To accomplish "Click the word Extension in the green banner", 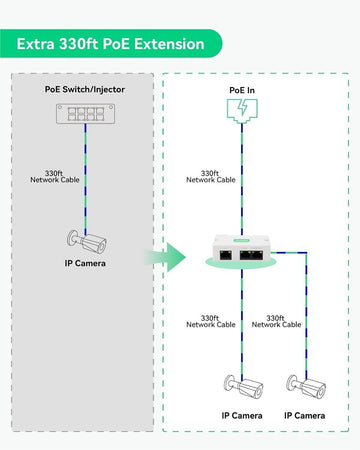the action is (x=169, y=44).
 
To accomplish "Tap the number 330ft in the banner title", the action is (x=78, y=44).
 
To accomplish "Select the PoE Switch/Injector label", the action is (x=85, y=89).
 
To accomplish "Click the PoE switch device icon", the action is (x=86, y=114).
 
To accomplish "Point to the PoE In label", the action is (x=242, y=90).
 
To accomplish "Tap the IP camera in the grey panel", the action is (x=87, y=241).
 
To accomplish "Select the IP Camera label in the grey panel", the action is (x=85, y=263).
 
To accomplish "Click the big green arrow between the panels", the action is (x=165, y=257).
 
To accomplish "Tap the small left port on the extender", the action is (x=226, y=255).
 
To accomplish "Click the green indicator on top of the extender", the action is (x=242, y=240).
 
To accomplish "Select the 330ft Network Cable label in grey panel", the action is (x=55, y=177).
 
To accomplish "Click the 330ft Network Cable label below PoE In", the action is (x=211, y=177).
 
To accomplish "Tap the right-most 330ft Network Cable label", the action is (x=276, y=321).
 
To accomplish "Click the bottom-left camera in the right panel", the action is (x=243, y=387).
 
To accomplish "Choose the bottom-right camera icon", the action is (x=306, y=387).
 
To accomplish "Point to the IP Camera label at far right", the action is (x=305, y=416).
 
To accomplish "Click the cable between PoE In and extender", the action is (x=242, y=179).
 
